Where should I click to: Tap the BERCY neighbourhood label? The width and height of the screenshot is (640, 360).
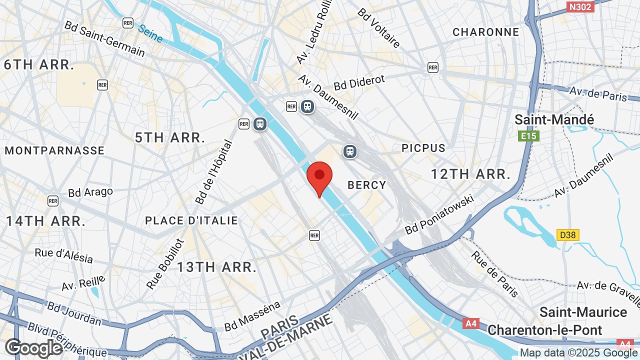point(367,185)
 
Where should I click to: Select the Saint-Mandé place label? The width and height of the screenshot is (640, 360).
point(554,120)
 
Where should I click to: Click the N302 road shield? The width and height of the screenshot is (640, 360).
point(580,6)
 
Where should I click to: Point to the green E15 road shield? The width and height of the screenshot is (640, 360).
point(528,136)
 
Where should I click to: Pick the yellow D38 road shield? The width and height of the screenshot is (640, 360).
point(567,234)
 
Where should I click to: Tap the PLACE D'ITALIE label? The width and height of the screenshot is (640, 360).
point(191,220)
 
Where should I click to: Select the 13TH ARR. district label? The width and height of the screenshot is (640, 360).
point(216,267)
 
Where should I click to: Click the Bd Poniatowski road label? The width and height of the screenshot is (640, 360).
point(439,215)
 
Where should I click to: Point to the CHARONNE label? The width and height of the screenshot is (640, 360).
point(486,32)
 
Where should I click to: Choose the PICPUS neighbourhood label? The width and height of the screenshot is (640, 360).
point(423,148)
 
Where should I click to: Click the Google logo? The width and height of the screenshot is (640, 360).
point(34,348)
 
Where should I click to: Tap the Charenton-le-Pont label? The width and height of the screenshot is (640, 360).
point(545,330)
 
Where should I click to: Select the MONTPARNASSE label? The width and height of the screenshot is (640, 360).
point(55,150)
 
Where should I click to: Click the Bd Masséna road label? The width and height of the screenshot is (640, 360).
point(252,316)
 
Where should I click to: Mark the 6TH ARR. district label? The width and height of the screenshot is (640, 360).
point(39,64)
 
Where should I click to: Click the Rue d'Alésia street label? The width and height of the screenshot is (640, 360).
point(64,255)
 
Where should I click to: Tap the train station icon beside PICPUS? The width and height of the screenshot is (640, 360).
point(350,151)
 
